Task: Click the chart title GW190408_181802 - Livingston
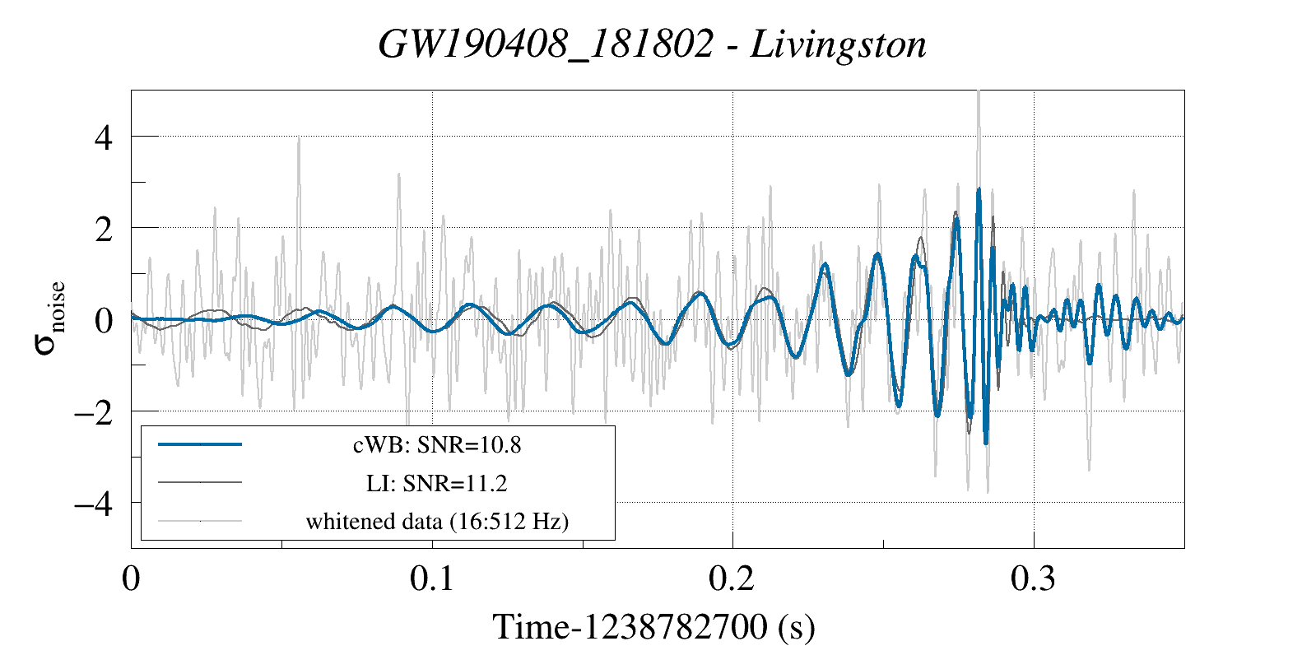pos(652,44)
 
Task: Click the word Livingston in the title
pos(838,44)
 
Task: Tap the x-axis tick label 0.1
pos(432,578)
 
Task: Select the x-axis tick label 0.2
pos(732,578)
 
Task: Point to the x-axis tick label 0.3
pos(1033,578)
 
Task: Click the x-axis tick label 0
pos(131,578)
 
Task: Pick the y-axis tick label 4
pos(103,137)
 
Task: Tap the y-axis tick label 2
pos(103,229)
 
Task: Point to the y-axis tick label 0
pos(103,320)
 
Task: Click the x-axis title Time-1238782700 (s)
pos(653,627)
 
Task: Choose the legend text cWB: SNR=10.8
pos(437,445)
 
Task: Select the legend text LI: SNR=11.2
pos(437,483)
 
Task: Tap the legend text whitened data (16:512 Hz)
pos(437,521)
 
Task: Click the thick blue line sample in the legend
pos(200,444)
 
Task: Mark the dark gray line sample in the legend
pos(200,482)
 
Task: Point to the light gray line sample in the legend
pos(200,520)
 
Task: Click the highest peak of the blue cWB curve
pos(979,190)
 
